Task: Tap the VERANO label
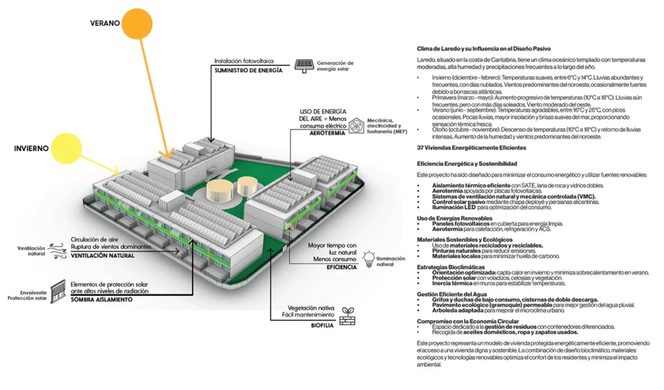pos(104,23)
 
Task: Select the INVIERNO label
pos(31,148)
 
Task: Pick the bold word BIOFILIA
pos(322,325)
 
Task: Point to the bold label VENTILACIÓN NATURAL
pos(103,256)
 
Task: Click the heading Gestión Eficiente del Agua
pos(451,293)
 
